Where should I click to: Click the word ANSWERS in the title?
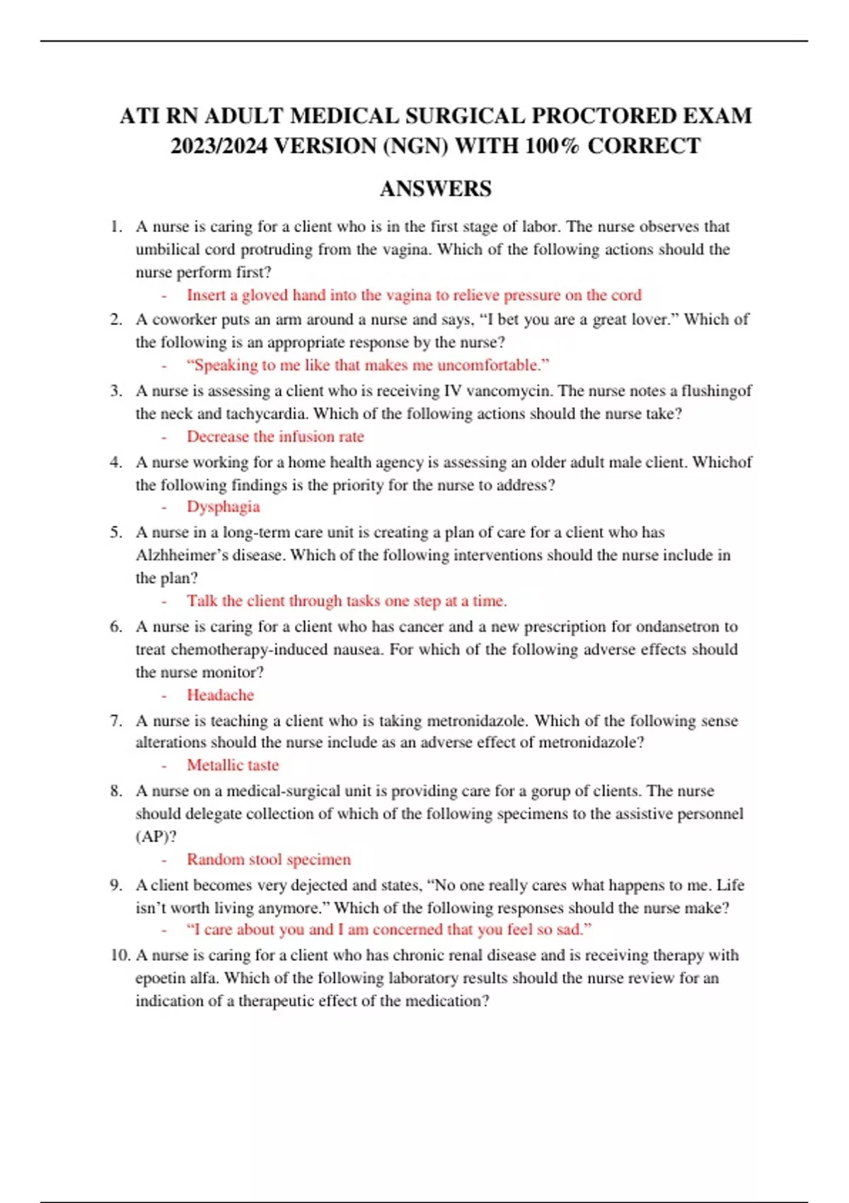[x=435, y=189]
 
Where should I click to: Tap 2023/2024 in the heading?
[x=219, y=146]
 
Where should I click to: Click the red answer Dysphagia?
[x=223, y=507]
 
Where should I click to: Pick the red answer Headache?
[x=220, y=695]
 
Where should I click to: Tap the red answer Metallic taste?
[x=233, y=765]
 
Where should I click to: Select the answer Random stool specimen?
[x=268, y=859]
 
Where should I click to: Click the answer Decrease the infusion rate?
[x=275, y=437]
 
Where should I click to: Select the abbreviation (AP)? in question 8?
[x=156, y=836]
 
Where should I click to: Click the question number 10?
[x=120, y=955]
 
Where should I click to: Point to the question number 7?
[x=116, y=720]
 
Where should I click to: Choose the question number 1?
[x=116, y=226]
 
